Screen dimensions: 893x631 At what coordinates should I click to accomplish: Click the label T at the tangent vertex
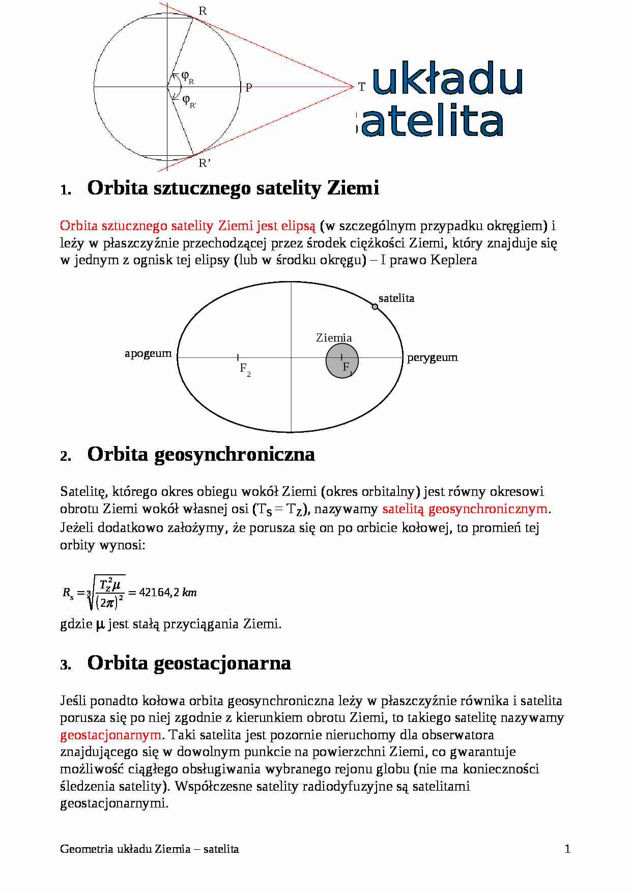[361, 87]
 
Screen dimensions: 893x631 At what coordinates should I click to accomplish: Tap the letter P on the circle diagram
[249, 88]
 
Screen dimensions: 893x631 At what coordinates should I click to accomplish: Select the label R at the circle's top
[203, 11]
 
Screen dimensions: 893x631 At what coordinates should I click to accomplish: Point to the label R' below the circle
[205, 163]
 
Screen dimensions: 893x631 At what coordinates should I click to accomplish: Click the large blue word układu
[447, 79]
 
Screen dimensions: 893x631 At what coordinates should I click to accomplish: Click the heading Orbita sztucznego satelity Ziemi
[233, 188]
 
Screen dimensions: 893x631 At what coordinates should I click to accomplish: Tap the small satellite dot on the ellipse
[375, 306]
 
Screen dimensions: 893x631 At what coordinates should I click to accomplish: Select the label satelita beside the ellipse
[396, 298]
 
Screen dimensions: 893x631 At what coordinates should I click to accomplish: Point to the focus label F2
[245, 368]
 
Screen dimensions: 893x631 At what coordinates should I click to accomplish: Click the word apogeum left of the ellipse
[148, 353]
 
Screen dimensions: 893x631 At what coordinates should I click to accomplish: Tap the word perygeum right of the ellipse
[432, 357]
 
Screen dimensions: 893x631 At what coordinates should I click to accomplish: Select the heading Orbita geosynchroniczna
[201, 454]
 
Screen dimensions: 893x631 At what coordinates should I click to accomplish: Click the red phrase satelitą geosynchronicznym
[465, 509]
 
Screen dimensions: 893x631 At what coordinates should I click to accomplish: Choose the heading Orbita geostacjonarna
[189, 663]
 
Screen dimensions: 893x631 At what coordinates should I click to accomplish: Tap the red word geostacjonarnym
[111, 735]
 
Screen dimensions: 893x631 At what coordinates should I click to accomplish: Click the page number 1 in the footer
[567, 849]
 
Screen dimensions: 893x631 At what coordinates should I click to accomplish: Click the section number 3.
[65, 665]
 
